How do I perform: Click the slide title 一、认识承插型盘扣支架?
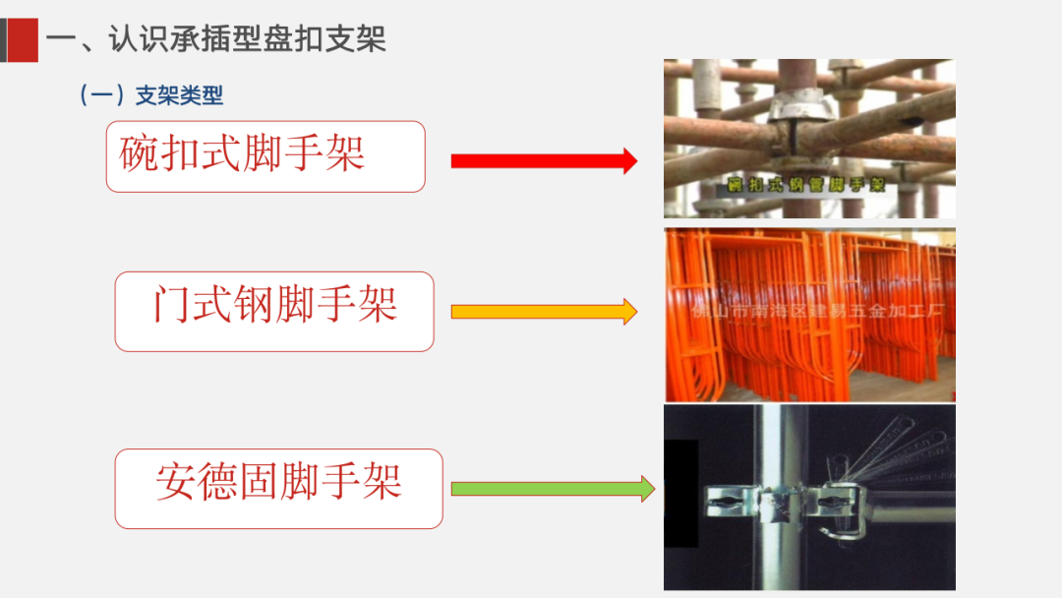click(x=216, y=39)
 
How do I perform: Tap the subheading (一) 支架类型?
click(x=151, y=95)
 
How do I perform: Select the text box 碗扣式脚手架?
click(x=265, y=156)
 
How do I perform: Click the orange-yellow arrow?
click(x=544, y=312)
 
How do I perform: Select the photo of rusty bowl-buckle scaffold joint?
click(x=808, y=138)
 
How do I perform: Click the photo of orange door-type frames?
click(x=808, y=315)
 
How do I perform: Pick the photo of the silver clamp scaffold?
click(x=808, y=497)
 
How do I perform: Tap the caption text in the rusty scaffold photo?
click(x=806, y=185)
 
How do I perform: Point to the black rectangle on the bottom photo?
click(x=680, y=493)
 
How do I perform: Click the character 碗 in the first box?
click(x=139, y=154)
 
